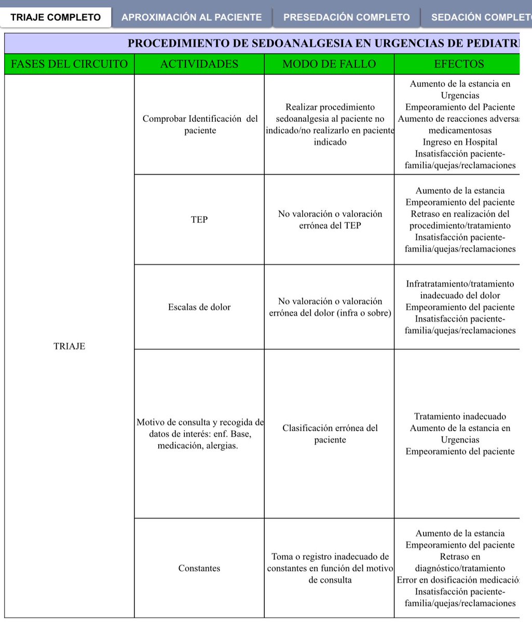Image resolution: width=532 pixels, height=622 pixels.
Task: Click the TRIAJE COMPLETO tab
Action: coord(56,17)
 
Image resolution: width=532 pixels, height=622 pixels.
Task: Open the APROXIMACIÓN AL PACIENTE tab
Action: coord(192,17)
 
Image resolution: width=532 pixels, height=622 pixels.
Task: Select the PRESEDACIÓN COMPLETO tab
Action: coord(347,17)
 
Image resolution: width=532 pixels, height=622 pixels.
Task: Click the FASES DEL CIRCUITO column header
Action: coord(69,64)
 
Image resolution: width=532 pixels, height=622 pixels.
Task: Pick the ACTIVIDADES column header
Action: coord(199,64)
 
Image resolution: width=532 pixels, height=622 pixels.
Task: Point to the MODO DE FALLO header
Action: coord(329,64)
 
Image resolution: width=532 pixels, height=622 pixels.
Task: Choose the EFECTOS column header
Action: coord(459,64)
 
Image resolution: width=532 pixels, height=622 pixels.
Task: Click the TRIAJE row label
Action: coord(69,347)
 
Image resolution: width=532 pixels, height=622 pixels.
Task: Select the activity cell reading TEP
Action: coord(199,220)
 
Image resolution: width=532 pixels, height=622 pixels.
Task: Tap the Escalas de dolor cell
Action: coord(199,307)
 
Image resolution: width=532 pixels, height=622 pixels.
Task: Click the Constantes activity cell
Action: coord(199,568)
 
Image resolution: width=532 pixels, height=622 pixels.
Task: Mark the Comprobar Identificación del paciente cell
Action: coord(200,124)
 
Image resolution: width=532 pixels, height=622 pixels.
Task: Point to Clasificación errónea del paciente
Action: coord(330,434)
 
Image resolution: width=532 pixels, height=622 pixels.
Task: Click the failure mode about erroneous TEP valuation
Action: coord(330,220)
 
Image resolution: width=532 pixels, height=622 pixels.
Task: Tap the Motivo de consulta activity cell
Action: coord(200,434)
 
